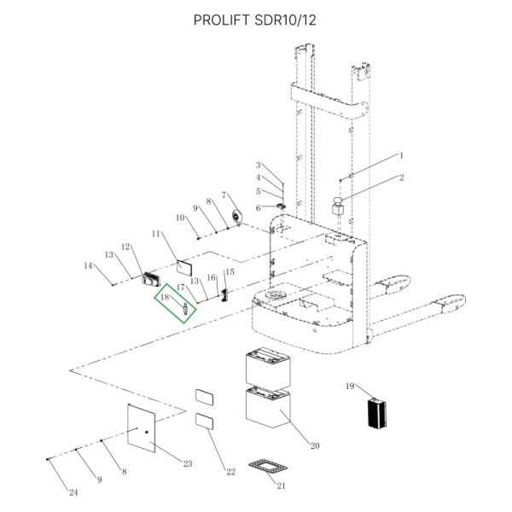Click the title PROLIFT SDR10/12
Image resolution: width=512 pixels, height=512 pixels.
(255, 20)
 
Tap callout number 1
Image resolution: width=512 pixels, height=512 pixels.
(402, 156)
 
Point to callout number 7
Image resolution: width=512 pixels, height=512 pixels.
(224, 195)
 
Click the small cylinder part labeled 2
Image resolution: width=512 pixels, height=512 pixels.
(338, 207)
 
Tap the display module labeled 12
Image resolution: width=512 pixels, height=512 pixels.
(153, 277)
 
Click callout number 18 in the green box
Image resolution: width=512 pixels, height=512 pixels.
(166, 299)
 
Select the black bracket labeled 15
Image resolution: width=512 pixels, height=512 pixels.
(225, 294)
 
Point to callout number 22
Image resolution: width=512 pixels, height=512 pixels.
(230, 472)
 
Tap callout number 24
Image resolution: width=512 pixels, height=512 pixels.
(72, 492)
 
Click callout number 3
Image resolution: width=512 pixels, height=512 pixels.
(259, 165)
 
